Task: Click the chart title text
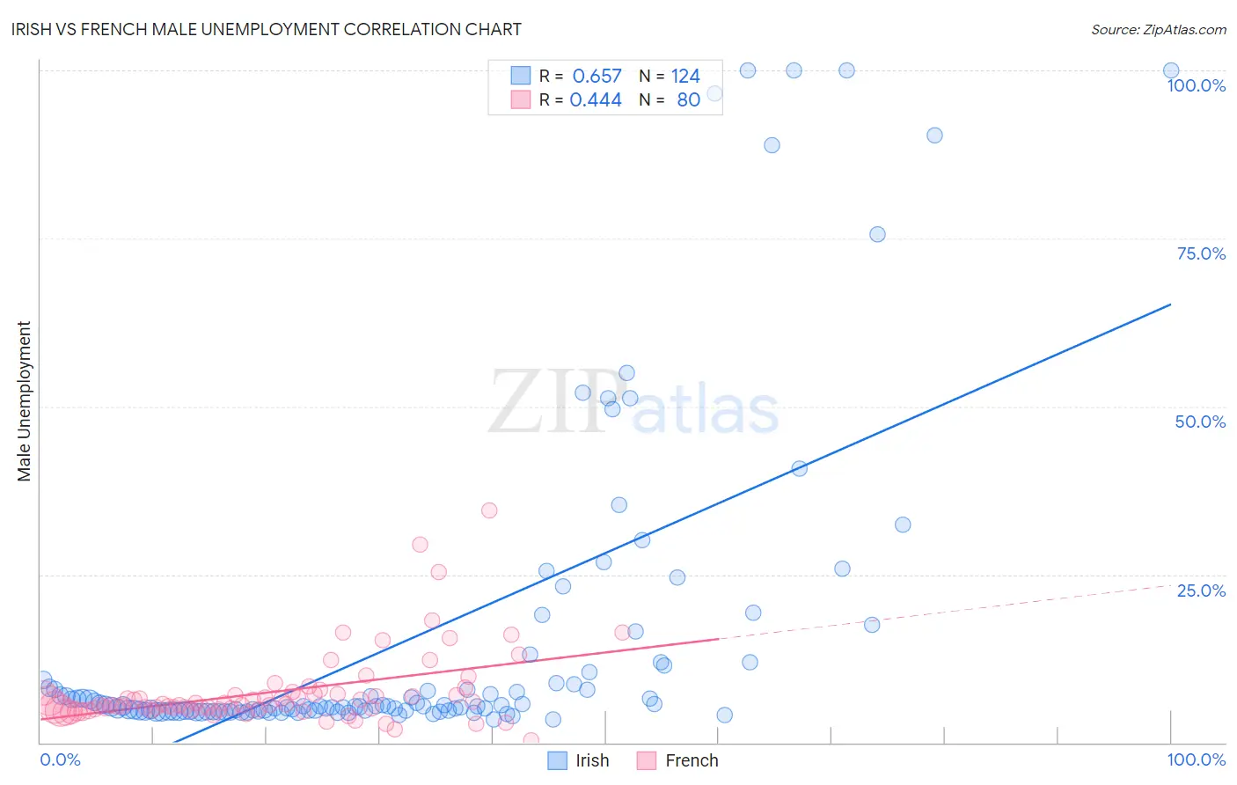point(267,29)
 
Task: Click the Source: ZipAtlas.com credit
point(1158,29)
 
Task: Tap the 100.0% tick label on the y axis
point(1196,85)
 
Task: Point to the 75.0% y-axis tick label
point(1200,253)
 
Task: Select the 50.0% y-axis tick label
point(1200,422)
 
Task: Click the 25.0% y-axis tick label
point(1200,591)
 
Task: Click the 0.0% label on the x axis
point(60,759)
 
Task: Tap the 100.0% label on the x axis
point(1196,759)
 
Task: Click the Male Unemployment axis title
point(24,401)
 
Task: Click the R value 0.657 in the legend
point(597,77)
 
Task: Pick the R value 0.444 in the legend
point(596,100)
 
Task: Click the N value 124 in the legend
point(685,77)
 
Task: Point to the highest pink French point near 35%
point(489,510)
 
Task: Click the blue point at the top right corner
point(1171,70)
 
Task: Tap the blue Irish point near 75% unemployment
point(877,234)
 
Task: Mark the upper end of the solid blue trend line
point(1170,304)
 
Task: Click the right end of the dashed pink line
point(1170,584)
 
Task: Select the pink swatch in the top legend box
point(521,100)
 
